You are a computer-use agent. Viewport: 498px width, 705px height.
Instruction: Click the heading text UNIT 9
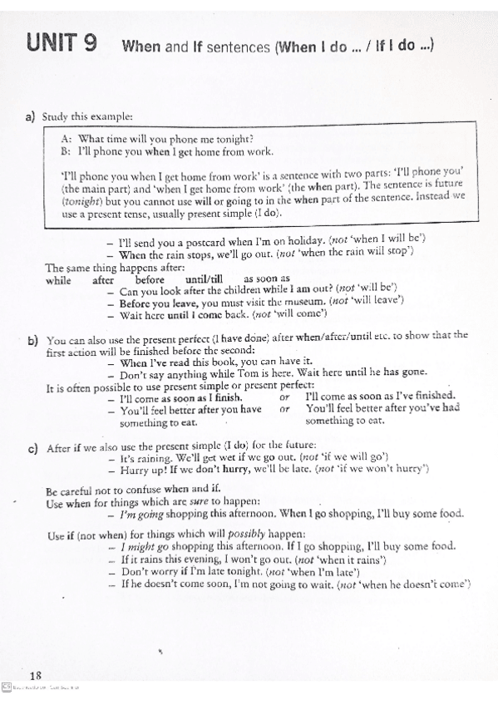(60, 42)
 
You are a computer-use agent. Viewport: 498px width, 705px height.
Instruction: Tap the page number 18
(35, 674)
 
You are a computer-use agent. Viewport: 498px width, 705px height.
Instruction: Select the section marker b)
(32, 339)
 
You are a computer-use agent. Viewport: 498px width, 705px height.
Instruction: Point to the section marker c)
(32, 449)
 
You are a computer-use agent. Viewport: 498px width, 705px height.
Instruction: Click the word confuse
(147, 491)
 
